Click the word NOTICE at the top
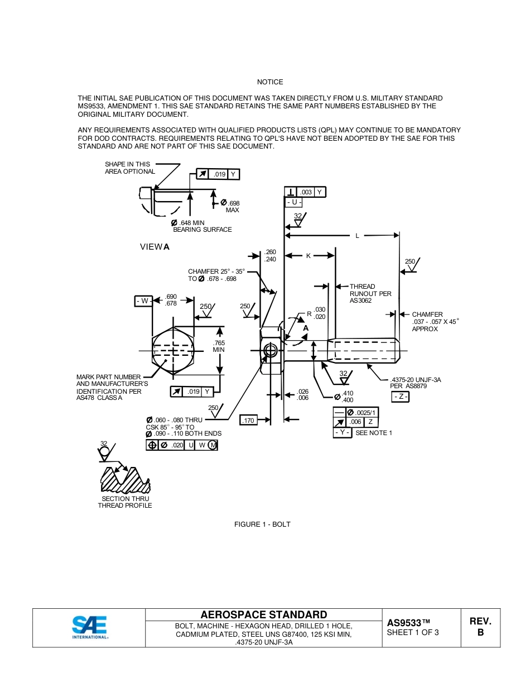click(270, 82)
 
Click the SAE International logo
click(89, 627)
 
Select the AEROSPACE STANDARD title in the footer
click(264, 615)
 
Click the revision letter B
click(480, 632)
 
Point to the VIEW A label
click(155, 246)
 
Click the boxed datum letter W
click(143, 301)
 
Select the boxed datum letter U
click(293, 202)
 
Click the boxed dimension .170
click(248, 420)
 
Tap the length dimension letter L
click(358, 236)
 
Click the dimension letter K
click(308, 256)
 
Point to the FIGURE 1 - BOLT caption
click(262, 524)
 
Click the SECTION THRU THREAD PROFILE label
click(125, 502)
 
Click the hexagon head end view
click(173, 350)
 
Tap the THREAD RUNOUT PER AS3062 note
click(370, 293)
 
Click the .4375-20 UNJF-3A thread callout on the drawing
click(416, 383)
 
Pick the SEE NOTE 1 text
click(374, 433)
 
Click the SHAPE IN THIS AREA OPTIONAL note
click(130, 168)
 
